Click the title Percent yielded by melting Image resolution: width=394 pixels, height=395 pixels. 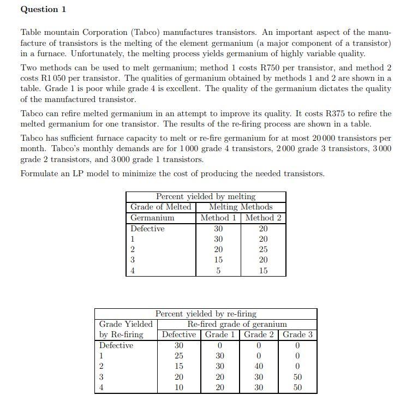point(206,196)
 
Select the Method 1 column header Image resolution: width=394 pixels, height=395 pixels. point(218,218)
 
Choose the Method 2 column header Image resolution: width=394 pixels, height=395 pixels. point(263,218)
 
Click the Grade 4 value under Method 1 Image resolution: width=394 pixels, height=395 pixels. point(218,271)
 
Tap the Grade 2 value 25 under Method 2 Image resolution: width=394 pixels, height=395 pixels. point(263,249)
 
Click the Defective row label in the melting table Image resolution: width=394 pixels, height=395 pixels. point(147,229)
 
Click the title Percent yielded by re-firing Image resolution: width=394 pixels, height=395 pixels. point(206,314)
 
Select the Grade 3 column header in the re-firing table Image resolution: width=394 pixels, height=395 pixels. point(297,334)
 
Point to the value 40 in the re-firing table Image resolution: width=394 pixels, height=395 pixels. point(259,366)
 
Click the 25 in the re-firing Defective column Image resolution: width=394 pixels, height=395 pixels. point(178,356)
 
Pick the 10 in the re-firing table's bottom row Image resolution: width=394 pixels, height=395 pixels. point(178,387)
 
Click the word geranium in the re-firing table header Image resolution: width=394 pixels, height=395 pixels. point(267,324)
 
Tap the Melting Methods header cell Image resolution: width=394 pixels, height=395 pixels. point(241,207)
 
